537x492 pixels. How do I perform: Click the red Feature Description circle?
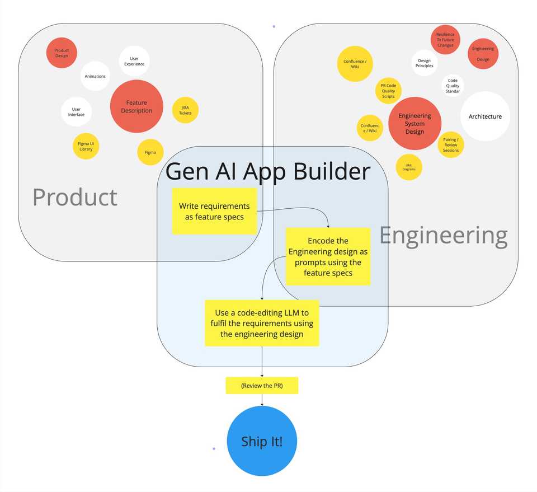(x=136, y=106)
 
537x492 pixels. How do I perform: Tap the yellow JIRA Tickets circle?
(x=185, y=110)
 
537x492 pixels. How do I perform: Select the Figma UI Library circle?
(x=86, y=146)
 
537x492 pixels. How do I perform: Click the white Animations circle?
(x=95, y=76)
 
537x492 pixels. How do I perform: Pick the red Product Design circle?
(x=62, y=53)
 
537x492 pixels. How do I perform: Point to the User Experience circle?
(x=134, y=61)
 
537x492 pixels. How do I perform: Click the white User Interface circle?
(x=76, y=112)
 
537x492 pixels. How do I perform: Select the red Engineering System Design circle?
(x=414, y=124)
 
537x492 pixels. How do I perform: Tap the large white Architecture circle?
(x=485, y=116)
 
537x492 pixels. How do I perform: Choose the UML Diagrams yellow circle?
(x=409, y=167)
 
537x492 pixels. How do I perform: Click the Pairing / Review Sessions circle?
(x=450, y=144)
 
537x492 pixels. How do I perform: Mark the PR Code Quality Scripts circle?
(x=388, y=91)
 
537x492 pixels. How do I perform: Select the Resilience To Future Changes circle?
(x=445, y=40)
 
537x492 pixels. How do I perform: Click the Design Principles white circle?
(x=424, y=63)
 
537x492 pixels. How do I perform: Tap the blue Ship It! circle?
(x=262, y=441)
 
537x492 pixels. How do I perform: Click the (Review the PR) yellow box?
(x=262, y=386)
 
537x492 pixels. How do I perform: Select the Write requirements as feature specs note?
(x=214, y=211)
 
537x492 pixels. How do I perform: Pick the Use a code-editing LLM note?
(x=262, y=323)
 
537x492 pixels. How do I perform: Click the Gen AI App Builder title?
(x=268, y=171)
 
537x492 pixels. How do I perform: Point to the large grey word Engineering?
(x=444, y=235)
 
